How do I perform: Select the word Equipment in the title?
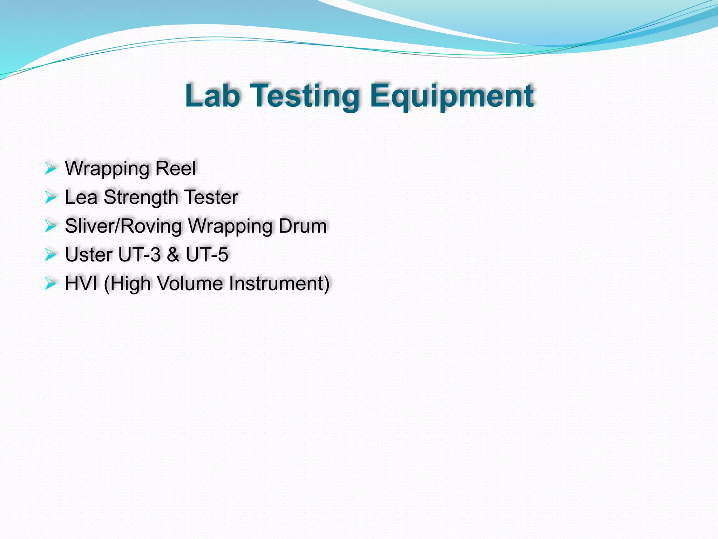(x=452, y=96)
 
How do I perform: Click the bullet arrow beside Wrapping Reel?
(x=50, y=169)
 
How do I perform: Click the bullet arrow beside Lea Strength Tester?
(x=50, y=198)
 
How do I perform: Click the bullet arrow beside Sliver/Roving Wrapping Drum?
(x=50, y=226)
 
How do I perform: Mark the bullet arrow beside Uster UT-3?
(x=50, y=255)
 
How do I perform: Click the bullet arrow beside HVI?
(x=50, y=284)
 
